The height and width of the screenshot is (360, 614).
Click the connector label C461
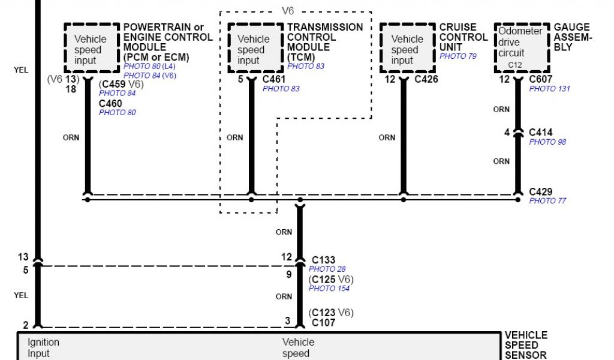coord(274,79)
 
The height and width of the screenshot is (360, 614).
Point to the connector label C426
coord(426,79)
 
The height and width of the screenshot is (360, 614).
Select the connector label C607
coord(540,79)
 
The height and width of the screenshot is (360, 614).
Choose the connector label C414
coord(540,133)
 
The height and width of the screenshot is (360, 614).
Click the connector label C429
coord(540,192)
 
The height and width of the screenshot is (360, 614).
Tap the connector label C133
coord(323,260)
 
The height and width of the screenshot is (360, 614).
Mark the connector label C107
coord(323,323)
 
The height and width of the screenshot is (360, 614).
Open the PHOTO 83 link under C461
coord(281,89)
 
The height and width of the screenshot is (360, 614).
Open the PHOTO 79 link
coord(458,56)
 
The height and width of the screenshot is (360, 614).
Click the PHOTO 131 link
coord(549,89)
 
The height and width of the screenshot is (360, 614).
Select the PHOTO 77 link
coord(547,201)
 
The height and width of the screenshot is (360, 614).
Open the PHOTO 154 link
coord(329,289)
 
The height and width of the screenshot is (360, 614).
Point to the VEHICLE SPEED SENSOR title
coord(526,345)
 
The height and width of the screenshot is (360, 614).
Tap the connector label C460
coord(110,103)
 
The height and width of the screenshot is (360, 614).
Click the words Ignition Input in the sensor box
coord(43,347)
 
